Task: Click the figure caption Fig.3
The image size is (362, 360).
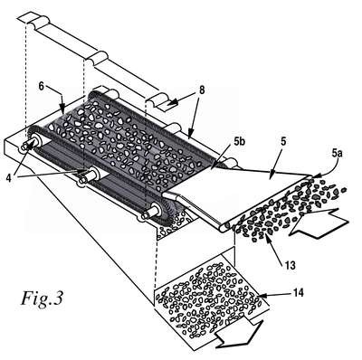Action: coord(42,298)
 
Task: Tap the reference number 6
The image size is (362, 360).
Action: coord(42,86)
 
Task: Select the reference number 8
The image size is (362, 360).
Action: coord(202,90)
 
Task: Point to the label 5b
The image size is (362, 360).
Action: coord(238,142)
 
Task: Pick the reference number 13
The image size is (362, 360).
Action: coord(290,265)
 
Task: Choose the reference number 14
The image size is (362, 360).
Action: coord(298,292)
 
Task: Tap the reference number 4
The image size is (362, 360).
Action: coord(10,178)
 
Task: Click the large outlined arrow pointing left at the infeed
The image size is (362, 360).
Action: coord(319,223)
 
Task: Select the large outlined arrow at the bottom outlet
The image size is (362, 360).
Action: coord(239,333)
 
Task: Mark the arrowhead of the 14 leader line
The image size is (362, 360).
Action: coord(259,296)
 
